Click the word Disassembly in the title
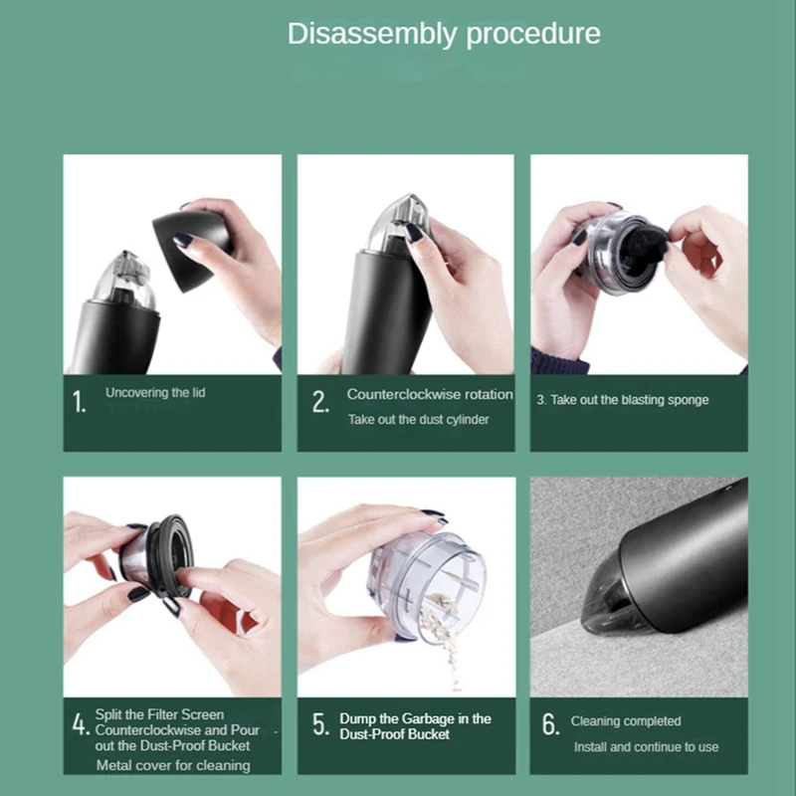pyautogui.click(x=372, y=35)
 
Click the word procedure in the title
pyautogui.click(x=533, y=35)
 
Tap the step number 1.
pyautogui.click(x=79, y=402)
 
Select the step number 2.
pyautogui.click(x=320, y=402)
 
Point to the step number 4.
pyautogui.click(x=81, y=724)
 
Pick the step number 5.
pyautogui.click(x=320, y=724)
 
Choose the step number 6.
pyautogui.click(x=551, y=724)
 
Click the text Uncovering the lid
pyautogui.click(x=155, y=392)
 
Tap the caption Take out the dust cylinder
pyautogui.click(x=418, y=419)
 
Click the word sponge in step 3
pyautogui.click(x=688, y=401)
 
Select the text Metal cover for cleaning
pyautogui.click(x=173, y=765)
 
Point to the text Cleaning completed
pyautogui.click(x=626, y=720)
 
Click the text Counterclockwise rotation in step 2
pyautogui.click(x=430, y=394)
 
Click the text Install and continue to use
pyautogui.click(x=646, y=747)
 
